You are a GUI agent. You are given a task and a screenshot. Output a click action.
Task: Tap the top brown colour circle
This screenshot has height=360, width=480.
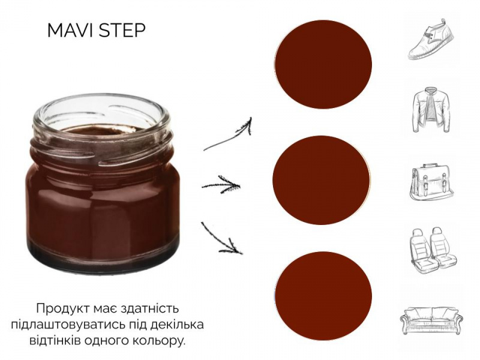(x=323, y=64)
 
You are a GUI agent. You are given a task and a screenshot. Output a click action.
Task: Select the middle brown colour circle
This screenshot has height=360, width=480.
(x=322, y=180)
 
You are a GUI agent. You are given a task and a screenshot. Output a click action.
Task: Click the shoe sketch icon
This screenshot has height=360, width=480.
(x=431, y=39)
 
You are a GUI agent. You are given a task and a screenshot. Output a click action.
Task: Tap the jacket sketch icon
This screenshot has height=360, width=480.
(x=431, y=110)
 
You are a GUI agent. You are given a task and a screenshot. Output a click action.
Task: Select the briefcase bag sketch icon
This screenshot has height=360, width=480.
(x=431, y=182)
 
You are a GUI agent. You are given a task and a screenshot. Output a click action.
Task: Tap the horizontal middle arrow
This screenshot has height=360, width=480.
(x=221, y=185)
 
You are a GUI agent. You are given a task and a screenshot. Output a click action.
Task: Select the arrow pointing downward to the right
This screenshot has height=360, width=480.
(x=221, y=238)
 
